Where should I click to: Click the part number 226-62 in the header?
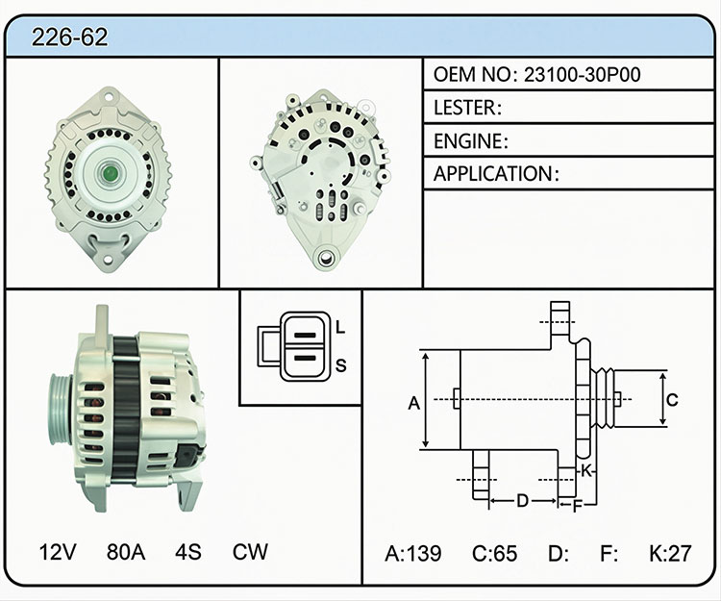coord(70,38)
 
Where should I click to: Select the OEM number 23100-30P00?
coord(583,74)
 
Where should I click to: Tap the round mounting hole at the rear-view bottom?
coord(326,258)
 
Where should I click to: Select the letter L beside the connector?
coord(340,327)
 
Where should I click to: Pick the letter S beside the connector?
coord(340,365)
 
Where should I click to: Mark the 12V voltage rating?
coord(58,552)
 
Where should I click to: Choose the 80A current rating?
coord(126,552)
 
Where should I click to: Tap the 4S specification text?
coord(188,552)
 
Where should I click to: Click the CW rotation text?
coord(250,552)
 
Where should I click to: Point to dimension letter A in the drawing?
coord(413,403)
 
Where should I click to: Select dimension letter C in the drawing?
coord(672,400)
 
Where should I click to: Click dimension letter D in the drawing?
coord(522,500)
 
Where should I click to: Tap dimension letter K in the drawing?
coord(585,471)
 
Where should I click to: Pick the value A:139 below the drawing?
coord(413,553)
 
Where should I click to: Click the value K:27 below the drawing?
coord(670,553)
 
